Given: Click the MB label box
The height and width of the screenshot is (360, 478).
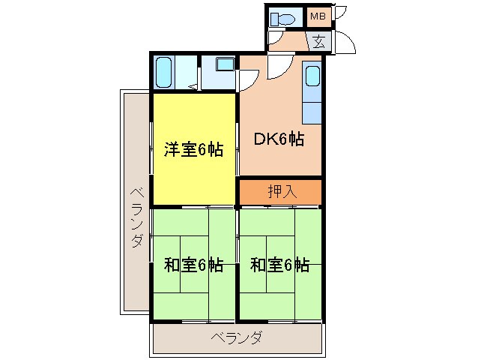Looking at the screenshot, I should pos(318,16).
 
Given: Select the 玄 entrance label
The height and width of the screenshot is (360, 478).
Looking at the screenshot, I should pos(318,41).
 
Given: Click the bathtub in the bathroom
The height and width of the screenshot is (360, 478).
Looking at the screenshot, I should pos(164,73).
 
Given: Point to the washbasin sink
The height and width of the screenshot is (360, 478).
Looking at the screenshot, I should pos(223,64).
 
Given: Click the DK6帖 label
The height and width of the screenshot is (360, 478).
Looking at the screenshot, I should pos(279,139).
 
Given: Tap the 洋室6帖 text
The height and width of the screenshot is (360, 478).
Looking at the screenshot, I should pos(193,148).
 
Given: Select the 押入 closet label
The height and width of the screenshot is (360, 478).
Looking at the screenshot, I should pos(281,191).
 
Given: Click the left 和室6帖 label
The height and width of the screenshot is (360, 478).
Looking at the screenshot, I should pos(193,264).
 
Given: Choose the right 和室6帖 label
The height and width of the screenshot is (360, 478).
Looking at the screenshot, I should pos(279,264).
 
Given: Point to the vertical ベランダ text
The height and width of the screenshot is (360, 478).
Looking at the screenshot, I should pos(136,217).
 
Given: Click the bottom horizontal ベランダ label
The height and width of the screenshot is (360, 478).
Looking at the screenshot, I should pos(236,337).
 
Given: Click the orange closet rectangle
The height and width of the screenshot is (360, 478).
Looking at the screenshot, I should pos(281,191).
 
